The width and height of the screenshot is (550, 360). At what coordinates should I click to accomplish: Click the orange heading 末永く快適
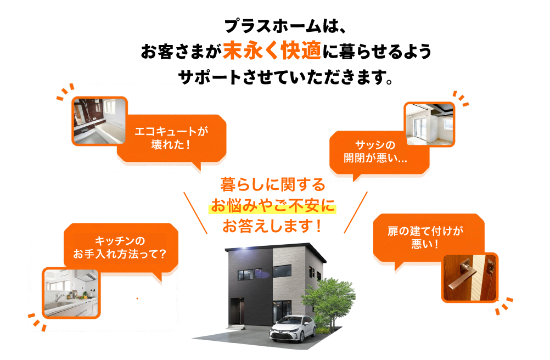pos(272,51)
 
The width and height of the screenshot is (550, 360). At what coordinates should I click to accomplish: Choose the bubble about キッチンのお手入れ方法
pos(121,248)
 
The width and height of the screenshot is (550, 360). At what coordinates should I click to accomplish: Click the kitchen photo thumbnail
pos(71,293)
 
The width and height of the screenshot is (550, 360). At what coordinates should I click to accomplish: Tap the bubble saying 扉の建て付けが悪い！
pos(429,237)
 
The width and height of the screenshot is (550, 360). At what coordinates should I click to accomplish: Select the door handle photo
pos(470,277)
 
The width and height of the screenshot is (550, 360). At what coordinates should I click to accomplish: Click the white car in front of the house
pos(292,328)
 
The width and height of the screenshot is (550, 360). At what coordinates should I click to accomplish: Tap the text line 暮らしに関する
pos(272,184)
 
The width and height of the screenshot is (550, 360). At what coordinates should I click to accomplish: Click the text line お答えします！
pos(272,226)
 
